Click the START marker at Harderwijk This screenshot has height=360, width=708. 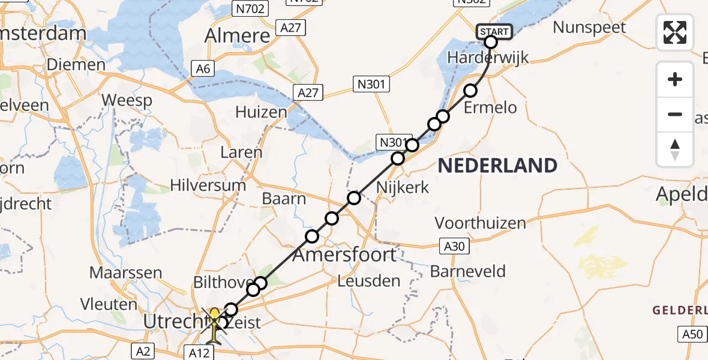[494, 32]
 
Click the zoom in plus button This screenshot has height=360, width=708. [675, 79]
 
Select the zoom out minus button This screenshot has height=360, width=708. [675, 114]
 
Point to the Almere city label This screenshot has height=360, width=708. [237, 36]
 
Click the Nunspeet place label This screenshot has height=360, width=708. [589, 27]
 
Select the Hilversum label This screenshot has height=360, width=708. [208, 185]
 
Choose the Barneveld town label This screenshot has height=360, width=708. [467, 271]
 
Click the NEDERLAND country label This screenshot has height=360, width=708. [497, 165]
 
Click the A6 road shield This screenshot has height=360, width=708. [203, 69]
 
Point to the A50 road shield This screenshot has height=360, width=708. [692, 335]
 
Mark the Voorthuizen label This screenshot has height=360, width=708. [480, 223]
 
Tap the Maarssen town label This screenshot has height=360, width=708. [125, 272]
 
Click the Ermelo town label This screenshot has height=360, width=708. [491, 108]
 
